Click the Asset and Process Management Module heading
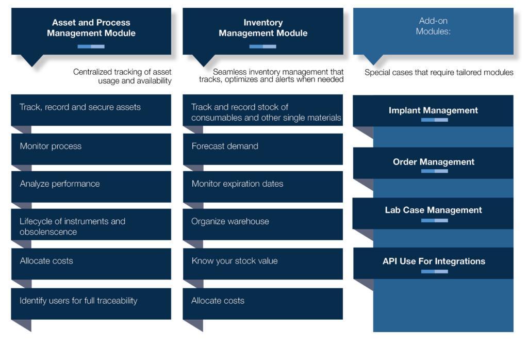pyautogui.click(x=91, y=28)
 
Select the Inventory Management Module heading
pyautogui.click(x=263, y=28)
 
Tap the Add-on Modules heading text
pyautogui.click(x=433, y=26)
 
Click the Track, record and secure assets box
pyautogui.click(x=91, y=110)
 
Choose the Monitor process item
pyautogui.click(x=51, y=146)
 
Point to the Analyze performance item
pyautogui.click(x=60, y=184)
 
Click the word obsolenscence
pyautogui.click(x=48, y=232)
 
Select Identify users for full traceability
pyautogui.click(x=78, y=300)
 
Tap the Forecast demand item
pyautogui.click(x=225, y=146)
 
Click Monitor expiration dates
pyautogui.click(x=237, y=184)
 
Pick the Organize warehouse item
pyautogui.click(x=230, y=221)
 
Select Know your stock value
pyautogui.click(x=235, y=260)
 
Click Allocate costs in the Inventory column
pyautogui.click(x=218, y=300)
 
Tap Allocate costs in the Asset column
pyautogui.click(x=46, y=260)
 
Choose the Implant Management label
pyautogui.click(x=433, y=110)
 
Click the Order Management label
pyautogui.click(x=433, y=161)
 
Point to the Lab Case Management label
pyautogui.click(x=433, y=210)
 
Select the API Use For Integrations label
pyautogui.click(x=434, y=261)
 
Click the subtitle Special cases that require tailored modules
pyautogui.click(x=439, y=72)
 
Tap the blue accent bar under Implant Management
pyautogui.click(x=434, y=120)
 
